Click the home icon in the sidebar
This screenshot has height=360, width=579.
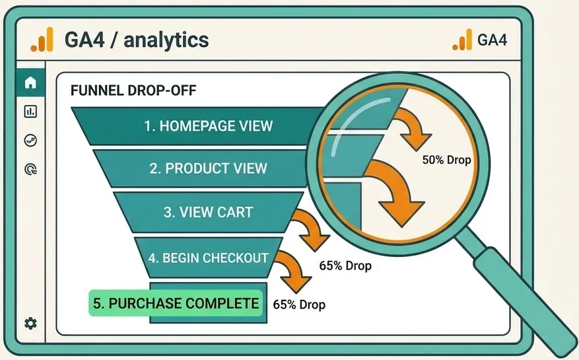click(30, 83)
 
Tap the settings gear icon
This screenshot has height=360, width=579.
click(30, 323)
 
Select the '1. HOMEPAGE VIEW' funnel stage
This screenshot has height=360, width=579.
click(208, 126)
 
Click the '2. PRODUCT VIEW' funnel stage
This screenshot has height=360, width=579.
click(208, 168)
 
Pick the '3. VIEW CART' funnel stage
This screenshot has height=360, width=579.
click(208, 213)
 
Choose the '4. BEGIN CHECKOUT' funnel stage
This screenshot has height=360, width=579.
click(207, 258)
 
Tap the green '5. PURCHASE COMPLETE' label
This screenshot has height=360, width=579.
click(174, 303)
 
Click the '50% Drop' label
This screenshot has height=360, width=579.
click(446, 159)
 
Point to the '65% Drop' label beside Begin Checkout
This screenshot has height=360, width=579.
click(345, 266)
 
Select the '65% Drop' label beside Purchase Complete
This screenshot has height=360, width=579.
click(299, 305)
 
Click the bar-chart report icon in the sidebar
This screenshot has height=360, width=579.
click(30, 112)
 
